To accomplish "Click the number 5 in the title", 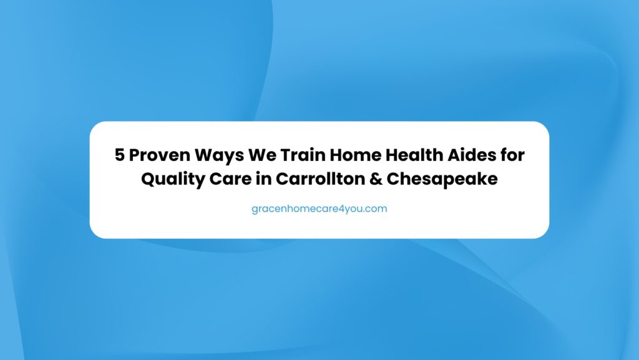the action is [x=119, y=155].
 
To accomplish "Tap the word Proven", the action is [x=159, y=155].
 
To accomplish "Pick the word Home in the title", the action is [x=355, y=155].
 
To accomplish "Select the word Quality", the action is [x=173, y=180].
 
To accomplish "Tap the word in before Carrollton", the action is [x=264, y=179].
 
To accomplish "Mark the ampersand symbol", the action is [x=376, y=179].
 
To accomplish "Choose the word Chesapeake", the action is [x=442, y=180].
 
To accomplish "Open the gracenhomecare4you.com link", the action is [x=319, y=209].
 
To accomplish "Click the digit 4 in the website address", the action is [x=343, y=209].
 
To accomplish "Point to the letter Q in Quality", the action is [x=148, y=180].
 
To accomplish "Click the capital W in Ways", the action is [x=204, y=155].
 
